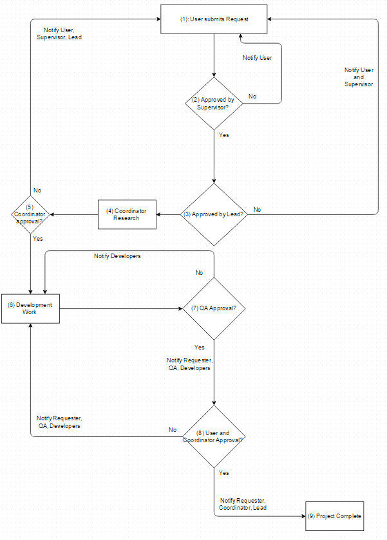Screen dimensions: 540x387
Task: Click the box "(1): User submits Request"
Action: coord(214,20)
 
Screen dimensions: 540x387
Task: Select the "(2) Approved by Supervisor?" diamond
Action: coord(214,104)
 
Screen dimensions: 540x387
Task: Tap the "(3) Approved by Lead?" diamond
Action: coord(214,214)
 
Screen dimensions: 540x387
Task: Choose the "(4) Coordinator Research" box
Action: coord(127,214)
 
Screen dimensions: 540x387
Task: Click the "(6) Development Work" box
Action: coord(30,308)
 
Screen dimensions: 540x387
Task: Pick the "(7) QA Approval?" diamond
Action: coord(214,308)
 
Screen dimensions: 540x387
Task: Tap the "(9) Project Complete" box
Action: coord(335,516)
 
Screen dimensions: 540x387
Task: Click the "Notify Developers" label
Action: coord(117,256)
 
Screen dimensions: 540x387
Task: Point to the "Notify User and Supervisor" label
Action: coord(359,77)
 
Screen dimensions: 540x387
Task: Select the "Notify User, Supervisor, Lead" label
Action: coord(62,33)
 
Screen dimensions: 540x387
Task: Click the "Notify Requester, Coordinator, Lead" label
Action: coord(243,504)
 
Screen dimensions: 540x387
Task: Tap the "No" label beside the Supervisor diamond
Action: coord(252,97)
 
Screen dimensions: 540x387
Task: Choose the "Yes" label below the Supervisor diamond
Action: coord(223,135)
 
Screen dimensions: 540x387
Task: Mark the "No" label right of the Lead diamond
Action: coord(258,210)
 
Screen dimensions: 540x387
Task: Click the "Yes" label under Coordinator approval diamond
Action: coord(38,238)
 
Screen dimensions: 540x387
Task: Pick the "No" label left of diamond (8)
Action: coord(173,430)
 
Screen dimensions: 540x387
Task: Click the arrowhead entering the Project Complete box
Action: coord(303,516)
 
